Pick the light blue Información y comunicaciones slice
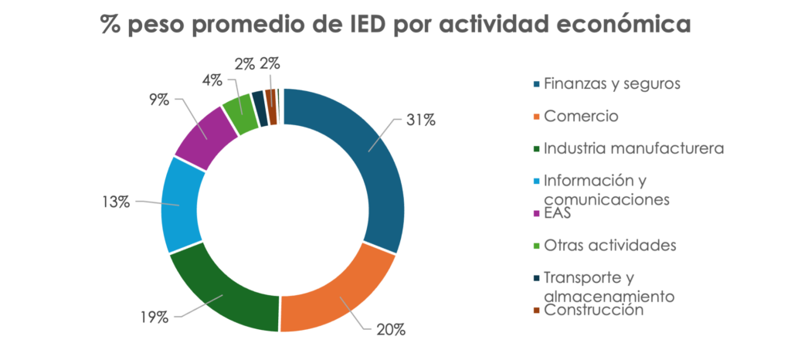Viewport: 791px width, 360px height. [x=183, y=205]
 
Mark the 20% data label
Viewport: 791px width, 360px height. [x=390, y=330]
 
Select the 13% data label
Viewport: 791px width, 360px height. [x=116, y=202]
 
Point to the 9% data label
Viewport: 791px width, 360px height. [x=159, y=100]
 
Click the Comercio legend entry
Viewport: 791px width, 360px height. [x=581, y=116]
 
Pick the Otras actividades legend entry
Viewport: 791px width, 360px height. [x=609, y=245]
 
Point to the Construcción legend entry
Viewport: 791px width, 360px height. [x=593, y=310]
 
